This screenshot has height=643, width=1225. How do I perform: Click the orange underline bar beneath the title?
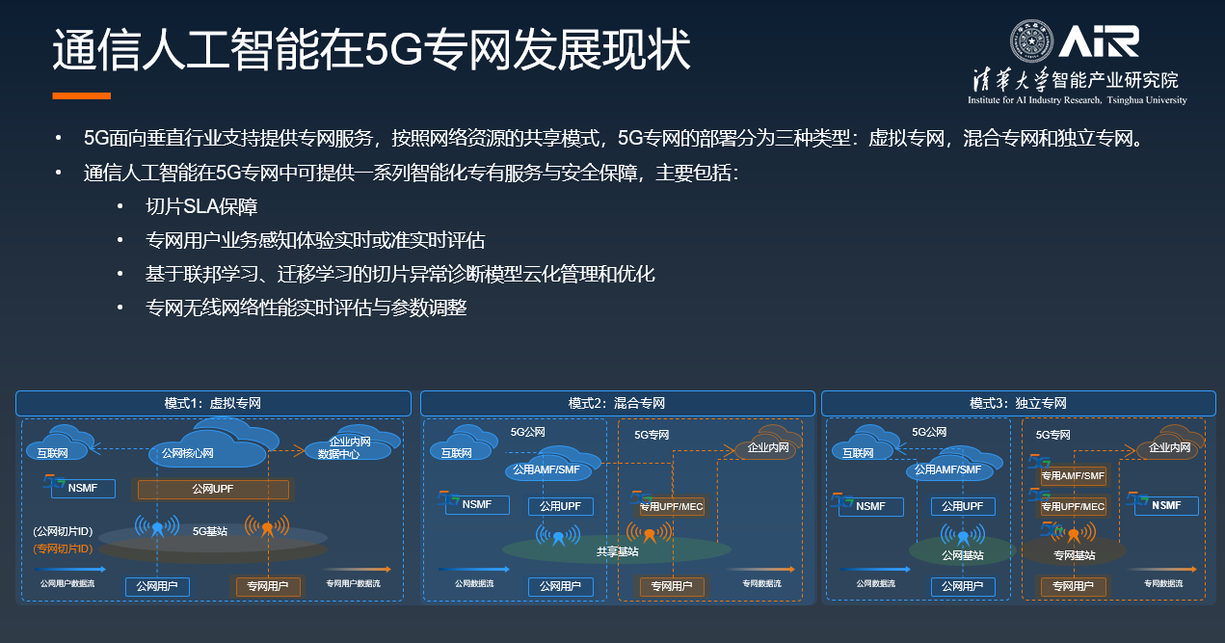(x=81, y=96)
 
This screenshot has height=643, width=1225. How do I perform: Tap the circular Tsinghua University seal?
(x=1032, y=41)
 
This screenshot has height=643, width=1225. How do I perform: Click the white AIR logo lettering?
(x=1099, y=41)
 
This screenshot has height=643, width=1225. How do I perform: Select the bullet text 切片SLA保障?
(x=201, y=206)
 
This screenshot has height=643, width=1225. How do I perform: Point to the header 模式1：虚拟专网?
(x=213, y=403)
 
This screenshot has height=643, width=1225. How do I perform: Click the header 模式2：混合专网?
(x=617, y=403)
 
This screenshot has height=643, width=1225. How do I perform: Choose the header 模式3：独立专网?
(x=1018, y=403)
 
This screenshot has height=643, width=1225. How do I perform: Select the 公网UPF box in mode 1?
(x=213, y=490)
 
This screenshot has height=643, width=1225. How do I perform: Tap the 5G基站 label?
(x=210, y=530)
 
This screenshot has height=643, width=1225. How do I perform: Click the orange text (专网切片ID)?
(x=63, y=549)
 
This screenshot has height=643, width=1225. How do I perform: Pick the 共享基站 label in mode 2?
(x=617, y=551)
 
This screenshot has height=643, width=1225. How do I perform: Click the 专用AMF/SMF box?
(x=1072, y=475)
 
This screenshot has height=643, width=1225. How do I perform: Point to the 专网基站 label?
(x=1074, y=555)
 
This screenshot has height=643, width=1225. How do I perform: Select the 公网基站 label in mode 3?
(x=961, y=555)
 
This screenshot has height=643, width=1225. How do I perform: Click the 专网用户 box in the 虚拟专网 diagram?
(x=268, y=585)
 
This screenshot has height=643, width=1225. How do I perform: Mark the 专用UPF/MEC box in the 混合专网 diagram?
(x=672, y=506)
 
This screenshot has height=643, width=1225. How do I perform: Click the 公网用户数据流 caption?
(x=67, y=583)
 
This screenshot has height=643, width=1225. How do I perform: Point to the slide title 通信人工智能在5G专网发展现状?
(x=371, y=50)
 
